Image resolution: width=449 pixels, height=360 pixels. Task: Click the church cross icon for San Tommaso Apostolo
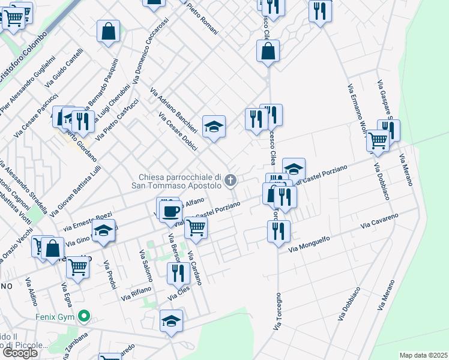click(x=230, y=179)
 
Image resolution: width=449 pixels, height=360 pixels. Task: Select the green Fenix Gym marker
click(x=85, y=314)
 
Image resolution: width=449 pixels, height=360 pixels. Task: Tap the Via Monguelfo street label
click(x=310, y=245)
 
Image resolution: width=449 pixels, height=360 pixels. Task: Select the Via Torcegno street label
click(x=277, y=311)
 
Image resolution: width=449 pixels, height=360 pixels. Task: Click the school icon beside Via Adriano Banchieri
click(x=214, y=127)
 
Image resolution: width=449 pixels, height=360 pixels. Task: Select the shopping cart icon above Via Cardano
click(x=196, y=227)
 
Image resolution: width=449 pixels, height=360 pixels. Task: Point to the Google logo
click(x=20, y=353)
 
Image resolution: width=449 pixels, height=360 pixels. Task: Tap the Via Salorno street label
click(x=145, y=265)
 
